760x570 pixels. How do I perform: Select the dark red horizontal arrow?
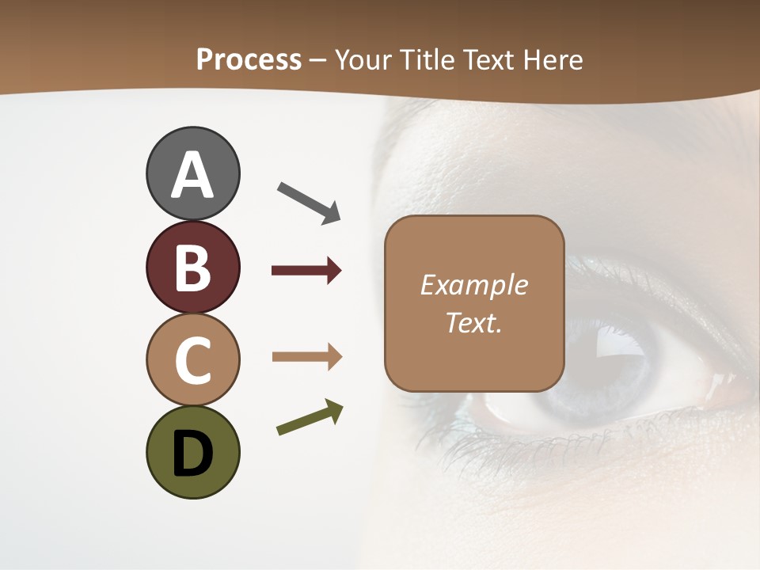(x=306, y=271)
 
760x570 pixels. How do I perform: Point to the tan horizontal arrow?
(x=306, y=357)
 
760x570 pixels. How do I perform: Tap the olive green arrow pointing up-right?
(x=310, y=418)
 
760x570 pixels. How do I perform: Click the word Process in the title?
(x=249, y=60)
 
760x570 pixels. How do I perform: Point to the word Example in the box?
(x=473, y=285)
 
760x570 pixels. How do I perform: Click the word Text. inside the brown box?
(x=473, y=323)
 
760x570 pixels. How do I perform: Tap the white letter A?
(x=192, y=176)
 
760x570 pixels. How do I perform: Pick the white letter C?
(x=192, y=360)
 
